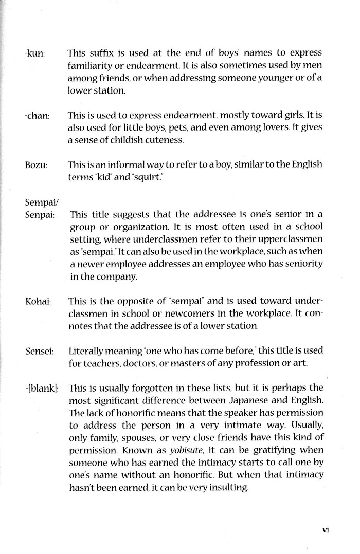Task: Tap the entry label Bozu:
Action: [36, 165]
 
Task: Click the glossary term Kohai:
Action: [38, 301]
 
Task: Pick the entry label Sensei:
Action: [38, 352]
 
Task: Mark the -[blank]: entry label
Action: [42, 389]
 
